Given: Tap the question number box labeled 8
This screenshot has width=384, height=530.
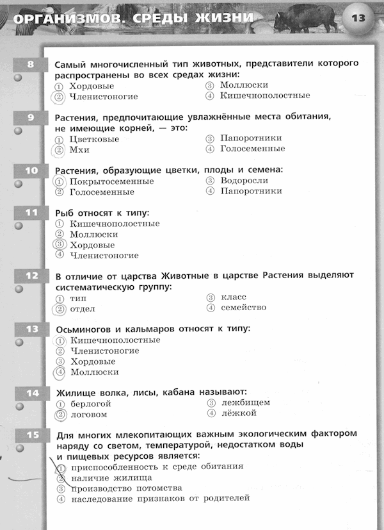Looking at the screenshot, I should [x=31, y=64].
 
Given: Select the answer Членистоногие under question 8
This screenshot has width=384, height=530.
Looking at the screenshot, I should [x=104, y=97].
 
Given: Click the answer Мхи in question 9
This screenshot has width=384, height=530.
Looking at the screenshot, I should [x=79, y=150].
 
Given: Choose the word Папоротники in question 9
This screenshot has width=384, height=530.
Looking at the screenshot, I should [x=251, y=138].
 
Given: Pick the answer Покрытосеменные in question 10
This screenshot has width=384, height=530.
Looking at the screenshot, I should [x=111, y=181].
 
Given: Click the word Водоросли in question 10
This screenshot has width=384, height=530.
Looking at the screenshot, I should [x=244, y=181].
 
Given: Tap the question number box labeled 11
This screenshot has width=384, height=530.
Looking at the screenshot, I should [x=31, y=212].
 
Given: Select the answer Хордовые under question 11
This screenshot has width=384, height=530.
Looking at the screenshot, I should [x=92, y=245].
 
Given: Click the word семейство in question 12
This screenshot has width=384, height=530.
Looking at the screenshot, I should [x=243, y=308].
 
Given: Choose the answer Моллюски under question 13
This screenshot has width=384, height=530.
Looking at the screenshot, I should [x=94, y=372].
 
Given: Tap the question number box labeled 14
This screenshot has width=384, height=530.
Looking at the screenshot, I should [x=31, y=393].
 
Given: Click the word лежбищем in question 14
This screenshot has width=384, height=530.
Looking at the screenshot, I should [x=246, y=403].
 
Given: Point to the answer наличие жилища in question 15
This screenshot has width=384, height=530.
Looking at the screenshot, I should [x=111, y=477].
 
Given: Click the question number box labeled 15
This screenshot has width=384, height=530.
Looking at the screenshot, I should [x=31, y=435].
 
